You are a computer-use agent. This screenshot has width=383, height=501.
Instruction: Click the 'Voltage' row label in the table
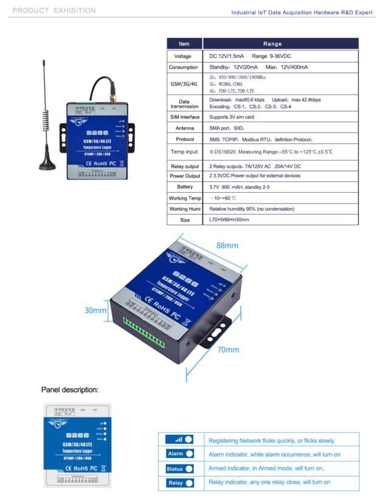click(x=184, y=56)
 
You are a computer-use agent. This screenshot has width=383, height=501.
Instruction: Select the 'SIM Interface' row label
click(x=184, y=117)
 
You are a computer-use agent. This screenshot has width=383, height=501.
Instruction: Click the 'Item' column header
click(x=184, y=44)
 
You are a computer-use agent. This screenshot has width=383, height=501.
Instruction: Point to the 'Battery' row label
click(x=184, y=187)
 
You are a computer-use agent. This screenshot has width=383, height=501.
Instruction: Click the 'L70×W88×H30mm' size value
click(x=229, y=219)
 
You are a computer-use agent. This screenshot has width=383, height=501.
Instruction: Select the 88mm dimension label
click(x=227, y=246)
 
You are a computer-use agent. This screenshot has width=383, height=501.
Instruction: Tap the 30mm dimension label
click(x=95, y=310)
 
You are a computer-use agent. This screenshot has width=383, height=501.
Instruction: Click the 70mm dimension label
click(x=228, y=350)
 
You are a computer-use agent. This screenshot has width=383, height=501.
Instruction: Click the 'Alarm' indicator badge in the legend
click(x=179, y=454)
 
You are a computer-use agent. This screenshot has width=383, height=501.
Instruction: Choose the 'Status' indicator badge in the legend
click(x=179, y=468)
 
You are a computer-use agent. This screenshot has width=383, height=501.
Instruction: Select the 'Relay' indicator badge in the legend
click(x=179, y=483)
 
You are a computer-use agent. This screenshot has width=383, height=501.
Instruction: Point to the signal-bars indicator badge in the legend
click(x=179, y=439)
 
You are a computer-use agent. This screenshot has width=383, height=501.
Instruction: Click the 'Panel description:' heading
click(x=69, y=389)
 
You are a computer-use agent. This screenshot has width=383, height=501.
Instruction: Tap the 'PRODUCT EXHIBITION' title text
click(x=54, y=10)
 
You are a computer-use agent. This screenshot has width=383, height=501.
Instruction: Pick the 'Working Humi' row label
click(x=184, y=209)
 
